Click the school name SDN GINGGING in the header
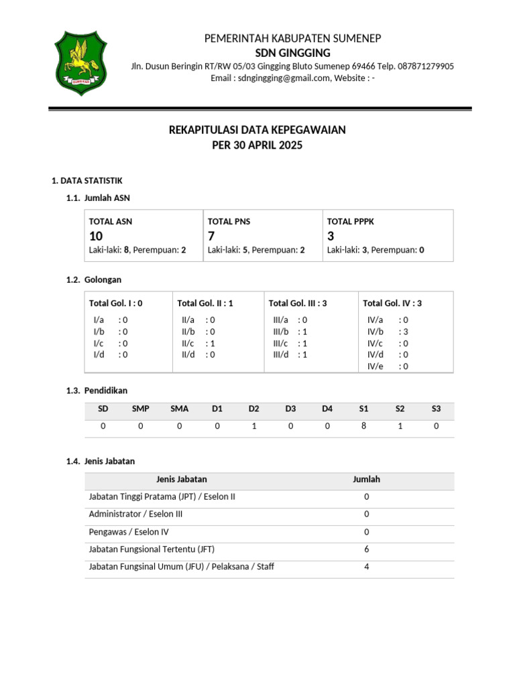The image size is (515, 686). coord(292,53)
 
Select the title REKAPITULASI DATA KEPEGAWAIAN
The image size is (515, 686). coord(257,130)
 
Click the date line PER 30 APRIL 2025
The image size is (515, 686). coord(257,145)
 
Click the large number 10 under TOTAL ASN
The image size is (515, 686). coord(97,236)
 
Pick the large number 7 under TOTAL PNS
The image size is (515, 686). coord(212,236)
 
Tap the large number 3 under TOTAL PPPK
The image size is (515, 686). coord(331,236)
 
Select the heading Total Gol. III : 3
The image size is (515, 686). coord(298,303)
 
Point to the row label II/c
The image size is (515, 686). coord(188,343)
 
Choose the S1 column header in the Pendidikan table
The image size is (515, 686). coord(363,409)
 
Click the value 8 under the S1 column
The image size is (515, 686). coord(363,425)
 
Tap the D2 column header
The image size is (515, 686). coord(253,409)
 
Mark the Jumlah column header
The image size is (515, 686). coord(367,479)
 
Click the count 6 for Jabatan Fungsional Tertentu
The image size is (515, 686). coord(367,549)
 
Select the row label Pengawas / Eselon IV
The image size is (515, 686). coord(129,532)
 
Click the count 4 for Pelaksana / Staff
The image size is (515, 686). coord(367,567)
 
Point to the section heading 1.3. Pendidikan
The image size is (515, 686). coord(97,391)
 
